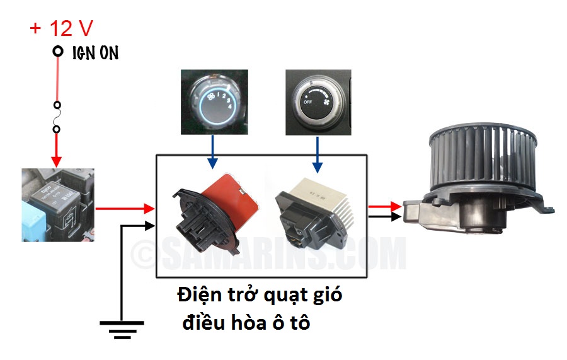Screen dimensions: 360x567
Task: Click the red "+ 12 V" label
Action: point(62,28)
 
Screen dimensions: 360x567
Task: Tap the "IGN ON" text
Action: point(93,53)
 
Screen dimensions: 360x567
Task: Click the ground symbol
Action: point(122,326)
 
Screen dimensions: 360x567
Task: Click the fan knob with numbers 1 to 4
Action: point(214,102)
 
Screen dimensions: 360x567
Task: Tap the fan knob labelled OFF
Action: point(319,102)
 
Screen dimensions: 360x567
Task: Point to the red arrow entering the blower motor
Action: point(384,206)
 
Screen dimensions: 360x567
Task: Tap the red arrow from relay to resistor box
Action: point(126,208)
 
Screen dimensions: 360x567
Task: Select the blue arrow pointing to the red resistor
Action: point(212,154)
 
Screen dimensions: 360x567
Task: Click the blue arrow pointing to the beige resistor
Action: point(318,154)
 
